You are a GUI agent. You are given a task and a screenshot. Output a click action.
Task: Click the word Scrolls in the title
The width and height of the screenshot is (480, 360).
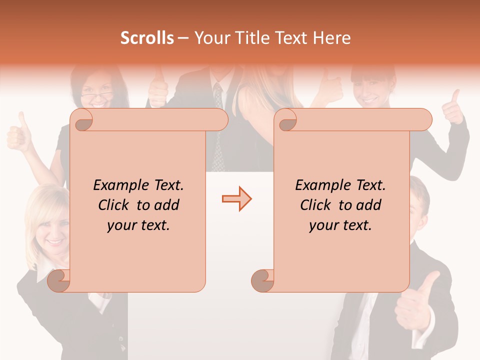coord(147,38)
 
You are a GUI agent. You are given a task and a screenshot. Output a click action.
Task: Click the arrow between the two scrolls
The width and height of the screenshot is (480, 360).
coord(236,199)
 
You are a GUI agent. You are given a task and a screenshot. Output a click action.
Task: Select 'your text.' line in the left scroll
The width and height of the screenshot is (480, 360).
coord(138,225)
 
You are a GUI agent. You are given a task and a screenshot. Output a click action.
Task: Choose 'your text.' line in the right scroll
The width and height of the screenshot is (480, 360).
coord(340,225)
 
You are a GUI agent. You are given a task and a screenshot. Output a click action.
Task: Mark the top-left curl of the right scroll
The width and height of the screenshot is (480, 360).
coord(286,120)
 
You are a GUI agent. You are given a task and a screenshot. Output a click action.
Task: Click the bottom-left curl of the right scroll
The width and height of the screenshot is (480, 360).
coord(262,280)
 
